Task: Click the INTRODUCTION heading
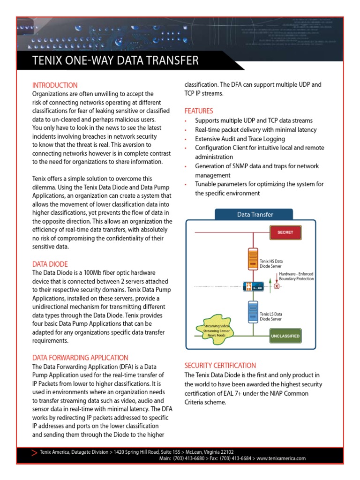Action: tap(55, 85)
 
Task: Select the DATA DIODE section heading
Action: tap(50, 264)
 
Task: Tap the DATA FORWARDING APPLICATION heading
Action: tap(80, 357)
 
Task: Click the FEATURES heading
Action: tap(198, 111)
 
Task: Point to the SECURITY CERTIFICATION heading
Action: tap(220, 365)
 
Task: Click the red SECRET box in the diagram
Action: tap(285, 232)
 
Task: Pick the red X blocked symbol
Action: tap(277, 286)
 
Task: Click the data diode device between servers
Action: tap(254, 286)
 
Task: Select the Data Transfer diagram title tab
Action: tap(255, 215)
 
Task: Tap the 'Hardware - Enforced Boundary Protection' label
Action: tap(296, 276)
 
